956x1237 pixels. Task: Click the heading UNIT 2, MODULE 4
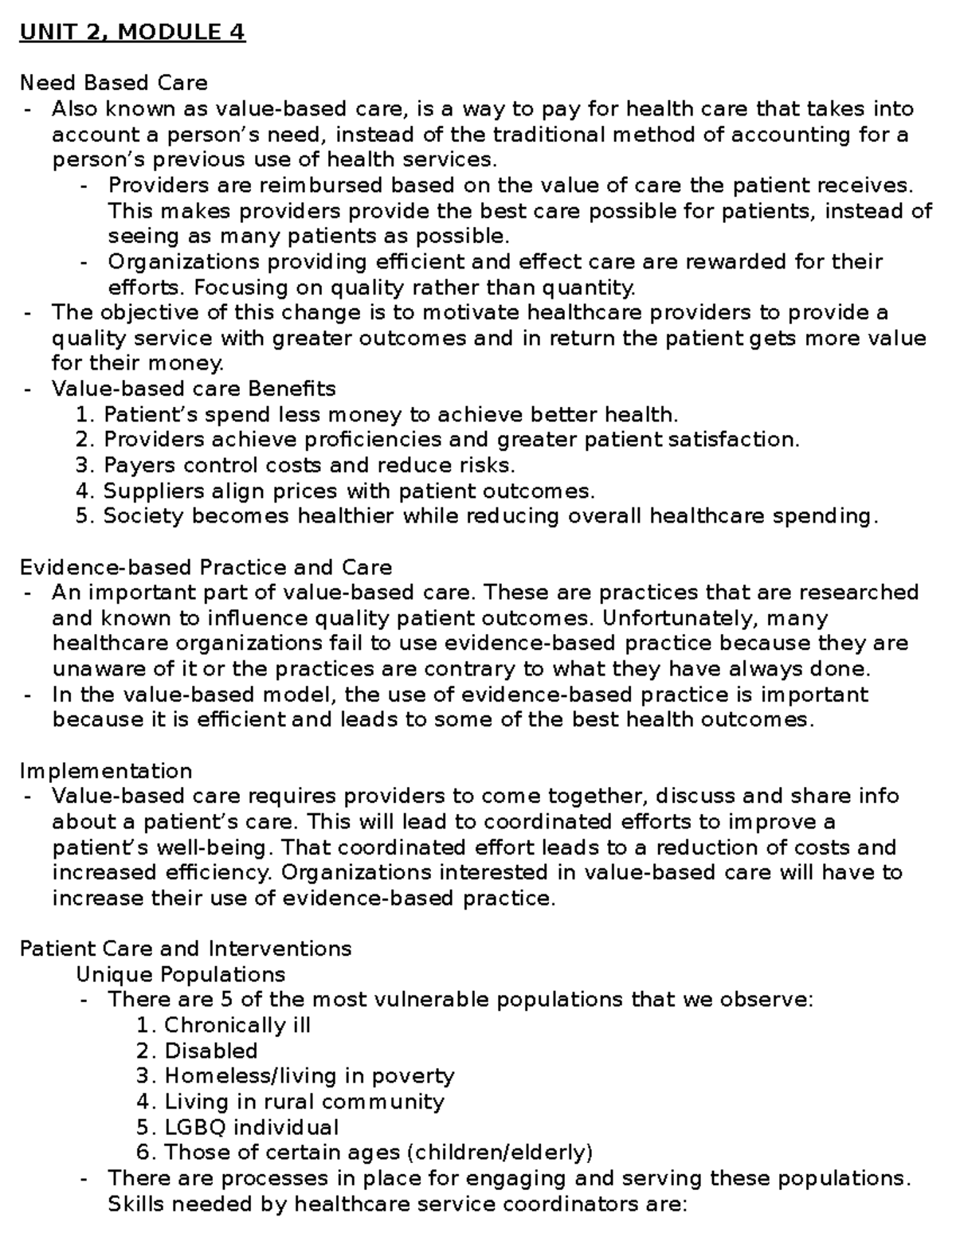pyautogui.click(x=132, y=33)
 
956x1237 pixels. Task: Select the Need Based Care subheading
pyautogui.click(x=113, y=83)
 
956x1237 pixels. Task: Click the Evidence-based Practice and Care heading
pyautogui.click(x=206, y=567)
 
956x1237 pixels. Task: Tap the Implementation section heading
pyautogui.click(x=105, y=771)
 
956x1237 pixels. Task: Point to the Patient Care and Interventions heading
pyautogui.click(x=185, y=949)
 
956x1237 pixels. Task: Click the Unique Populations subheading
pyautogui.click(x=180, y=974)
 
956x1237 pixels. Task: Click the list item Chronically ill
pyautogui.click(x=237, y=1025)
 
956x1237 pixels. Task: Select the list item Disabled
pyautogui.click(x=210, y=1051)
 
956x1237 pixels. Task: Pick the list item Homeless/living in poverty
pyautogui.click(x=309, y=1076)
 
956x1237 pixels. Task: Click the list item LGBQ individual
pyautogui.click(x=251, y=1127)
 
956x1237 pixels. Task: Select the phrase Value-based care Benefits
pyautogui.click(x=194, y=389)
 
